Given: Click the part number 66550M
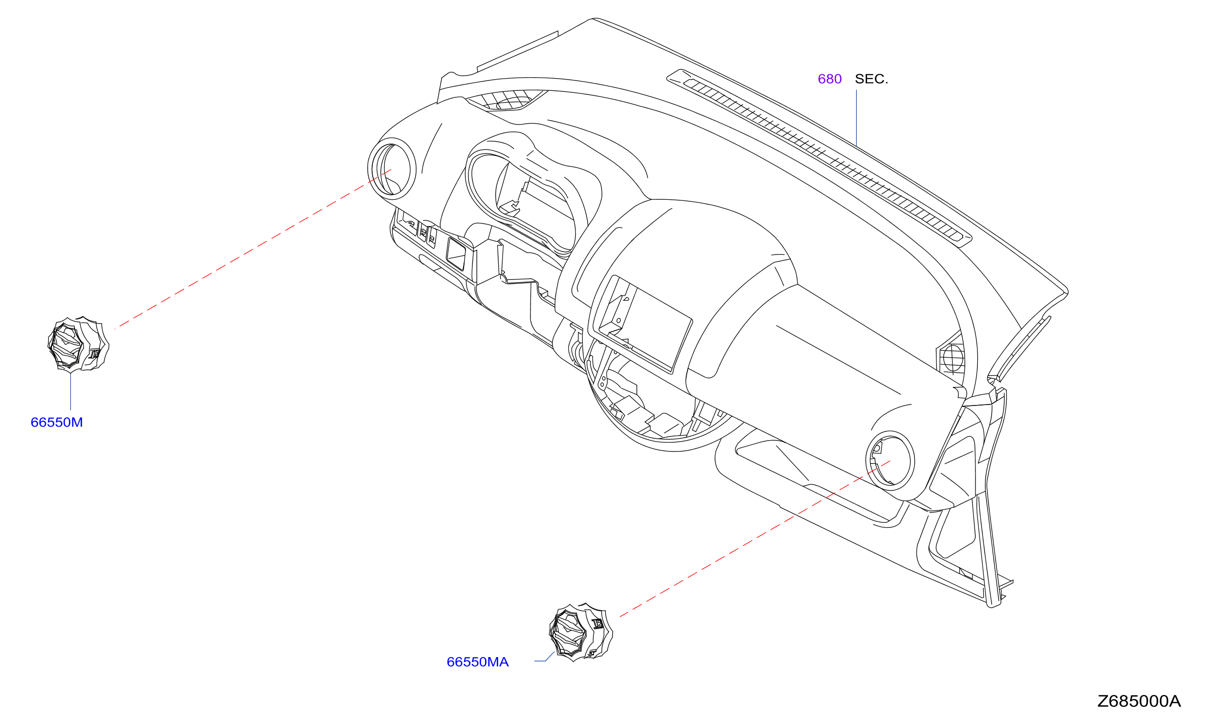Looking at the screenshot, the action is tap(57, 423).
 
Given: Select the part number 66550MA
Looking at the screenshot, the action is tap(478, 662).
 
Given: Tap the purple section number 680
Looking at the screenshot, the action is tap(829, 79).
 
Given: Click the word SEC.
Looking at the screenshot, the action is tap(871, 79).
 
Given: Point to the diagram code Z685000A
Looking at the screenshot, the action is tap(1139, 701).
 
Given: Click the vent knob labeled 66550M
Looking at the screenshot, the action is tap(78, 344).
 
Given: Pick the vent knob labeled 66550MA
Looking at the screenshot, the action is tap(581, 632).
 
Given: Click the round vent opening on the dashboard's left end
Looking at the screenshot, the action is tap(392, 169).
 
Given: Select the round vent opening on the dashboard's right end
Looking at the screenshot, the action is tap(890, 460).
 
